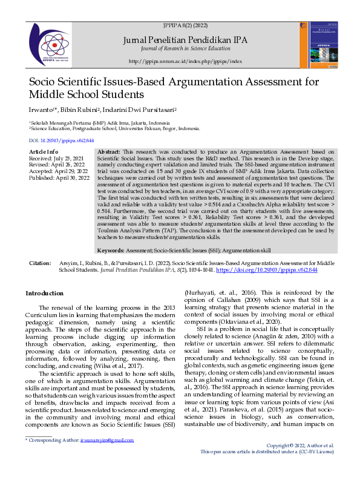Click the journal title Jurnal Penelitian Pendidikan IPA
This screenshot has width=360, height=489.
(185, 39)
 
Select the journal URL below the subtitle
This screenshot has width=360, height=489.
(185, 62)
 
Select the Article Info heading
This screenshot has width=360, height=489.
(44, 151)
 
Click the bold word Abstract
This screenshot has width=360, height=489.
(109, 151)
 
